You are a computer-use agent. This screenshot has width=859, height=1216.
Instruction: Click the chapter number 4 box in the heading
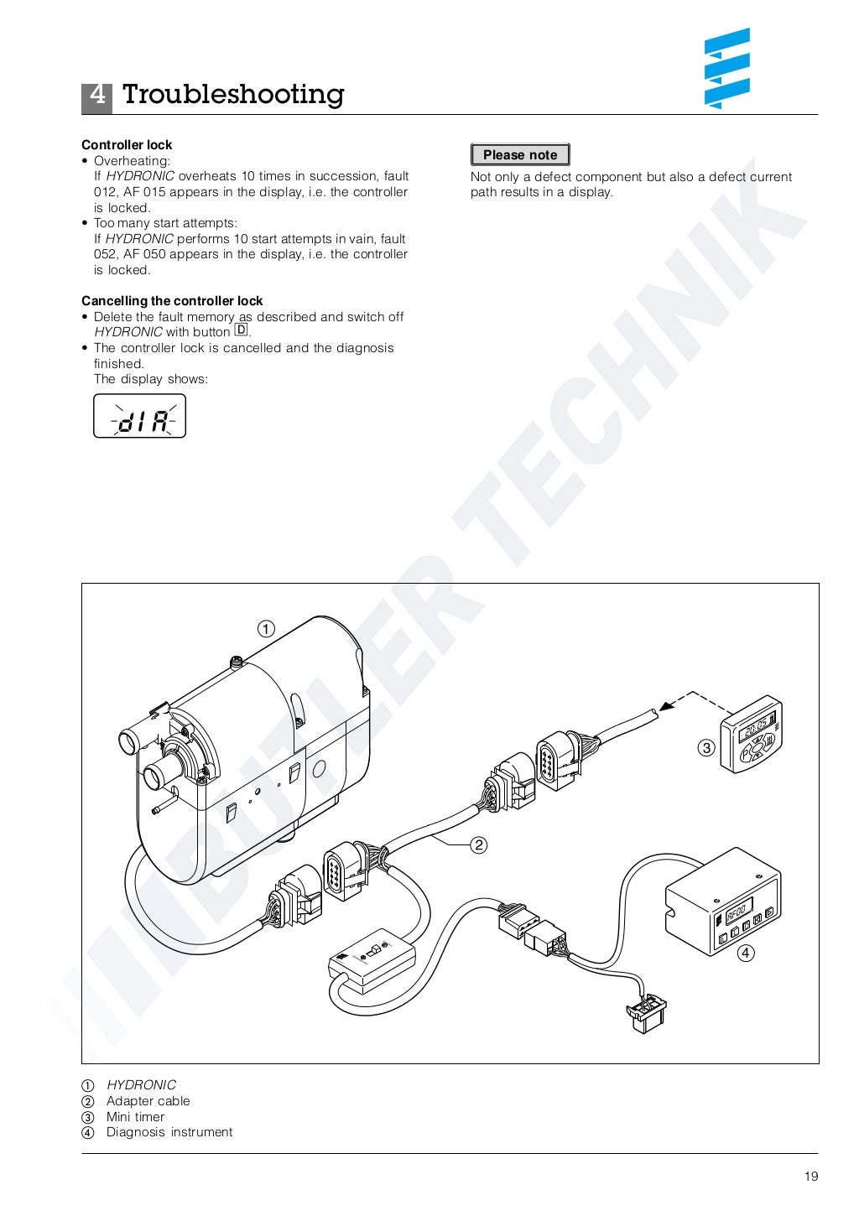[x=96, y=96]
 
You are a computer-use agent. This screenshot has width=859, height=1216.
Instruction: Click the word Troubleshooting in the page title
[x=233, y=95]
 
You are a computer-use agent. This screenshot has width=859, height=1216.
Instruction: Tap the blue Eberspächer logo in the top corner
[x=726, y=69]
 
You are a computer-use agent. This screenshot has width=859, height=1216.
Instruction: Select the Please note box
[x=520, y=155]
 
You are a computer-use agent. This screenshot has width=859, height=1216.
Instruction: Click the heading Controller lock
[x=127, y=145]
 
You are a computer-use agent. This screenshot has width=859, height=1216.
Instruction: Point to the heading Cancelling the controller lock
[x=172, y=301]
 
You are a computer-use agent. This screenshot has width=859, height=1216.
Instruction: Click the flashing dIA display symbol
[x=139, y=417]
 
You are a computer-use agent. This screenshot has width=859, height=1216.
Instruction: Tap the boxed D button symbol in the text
[x=242, y=330]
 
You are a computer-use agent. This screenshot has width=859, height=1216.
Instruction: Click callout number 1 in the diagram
[x=265, y=629]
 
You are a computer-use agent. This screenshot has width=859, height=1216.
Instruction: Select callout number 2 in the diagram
[x=478, y=844]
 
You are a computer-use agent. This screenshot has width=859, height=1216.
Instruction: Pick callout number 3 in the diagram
[x=706, y=747]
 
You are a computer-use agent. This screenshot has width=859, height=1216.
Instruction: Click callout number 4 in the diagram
[x=745, y=953]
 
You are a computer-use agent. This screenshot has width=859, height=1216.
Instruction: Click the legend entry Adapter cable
[x=148, y=1101]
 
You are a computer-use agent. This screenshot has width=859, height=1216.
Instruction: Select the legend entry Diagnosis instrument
[x=169, y=1132]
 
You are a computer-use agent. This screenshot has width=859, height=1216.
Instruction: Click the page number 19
[x=810, y=1177]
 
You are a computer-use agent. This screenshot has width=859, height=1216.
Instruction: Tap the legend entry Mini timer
[x=135, y=1117]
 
